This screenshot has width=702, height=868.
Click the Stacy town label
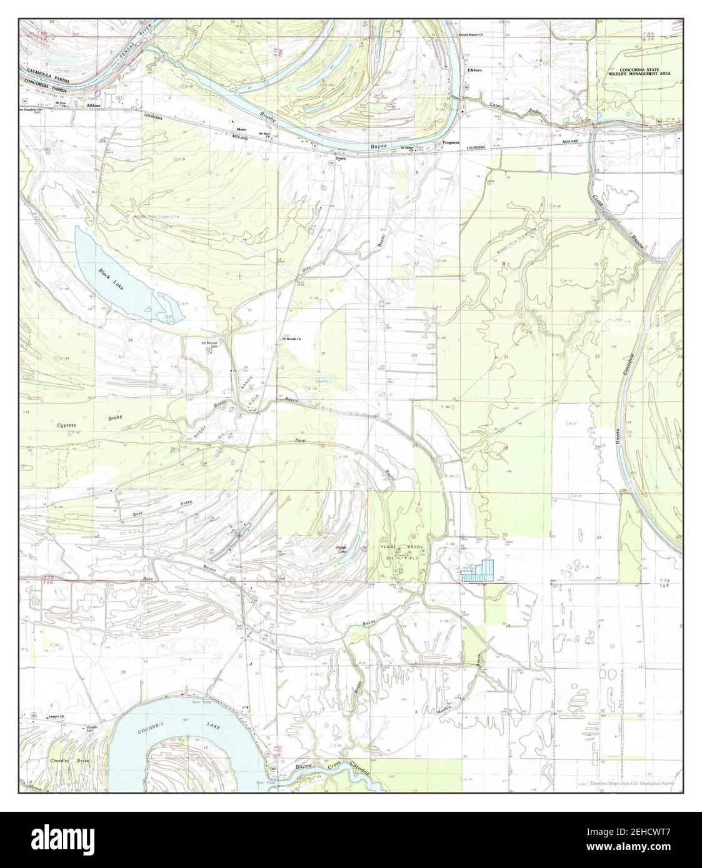click(341, 159)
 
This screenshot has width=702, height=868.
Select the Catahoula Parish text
click(47, 72)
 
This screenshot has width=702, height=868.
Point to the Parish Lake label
click(341, 550)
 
